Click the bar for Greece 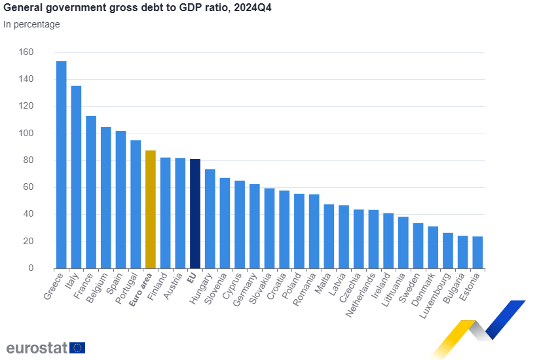click(61, 164)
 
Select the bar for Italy click(76, 177)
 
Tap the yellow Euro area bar click(150, 209)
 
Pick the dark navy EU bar click(195, 213)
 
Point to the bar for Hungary click(210, 219)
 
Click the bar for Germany click(254, 226)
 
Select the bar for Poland click(299, 230)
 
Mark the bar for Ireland click(388, 240)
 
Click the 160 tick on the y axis click(26, 52)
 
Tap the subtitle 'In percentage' click(31, 25)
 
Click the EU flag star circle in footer click(77, 348)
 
